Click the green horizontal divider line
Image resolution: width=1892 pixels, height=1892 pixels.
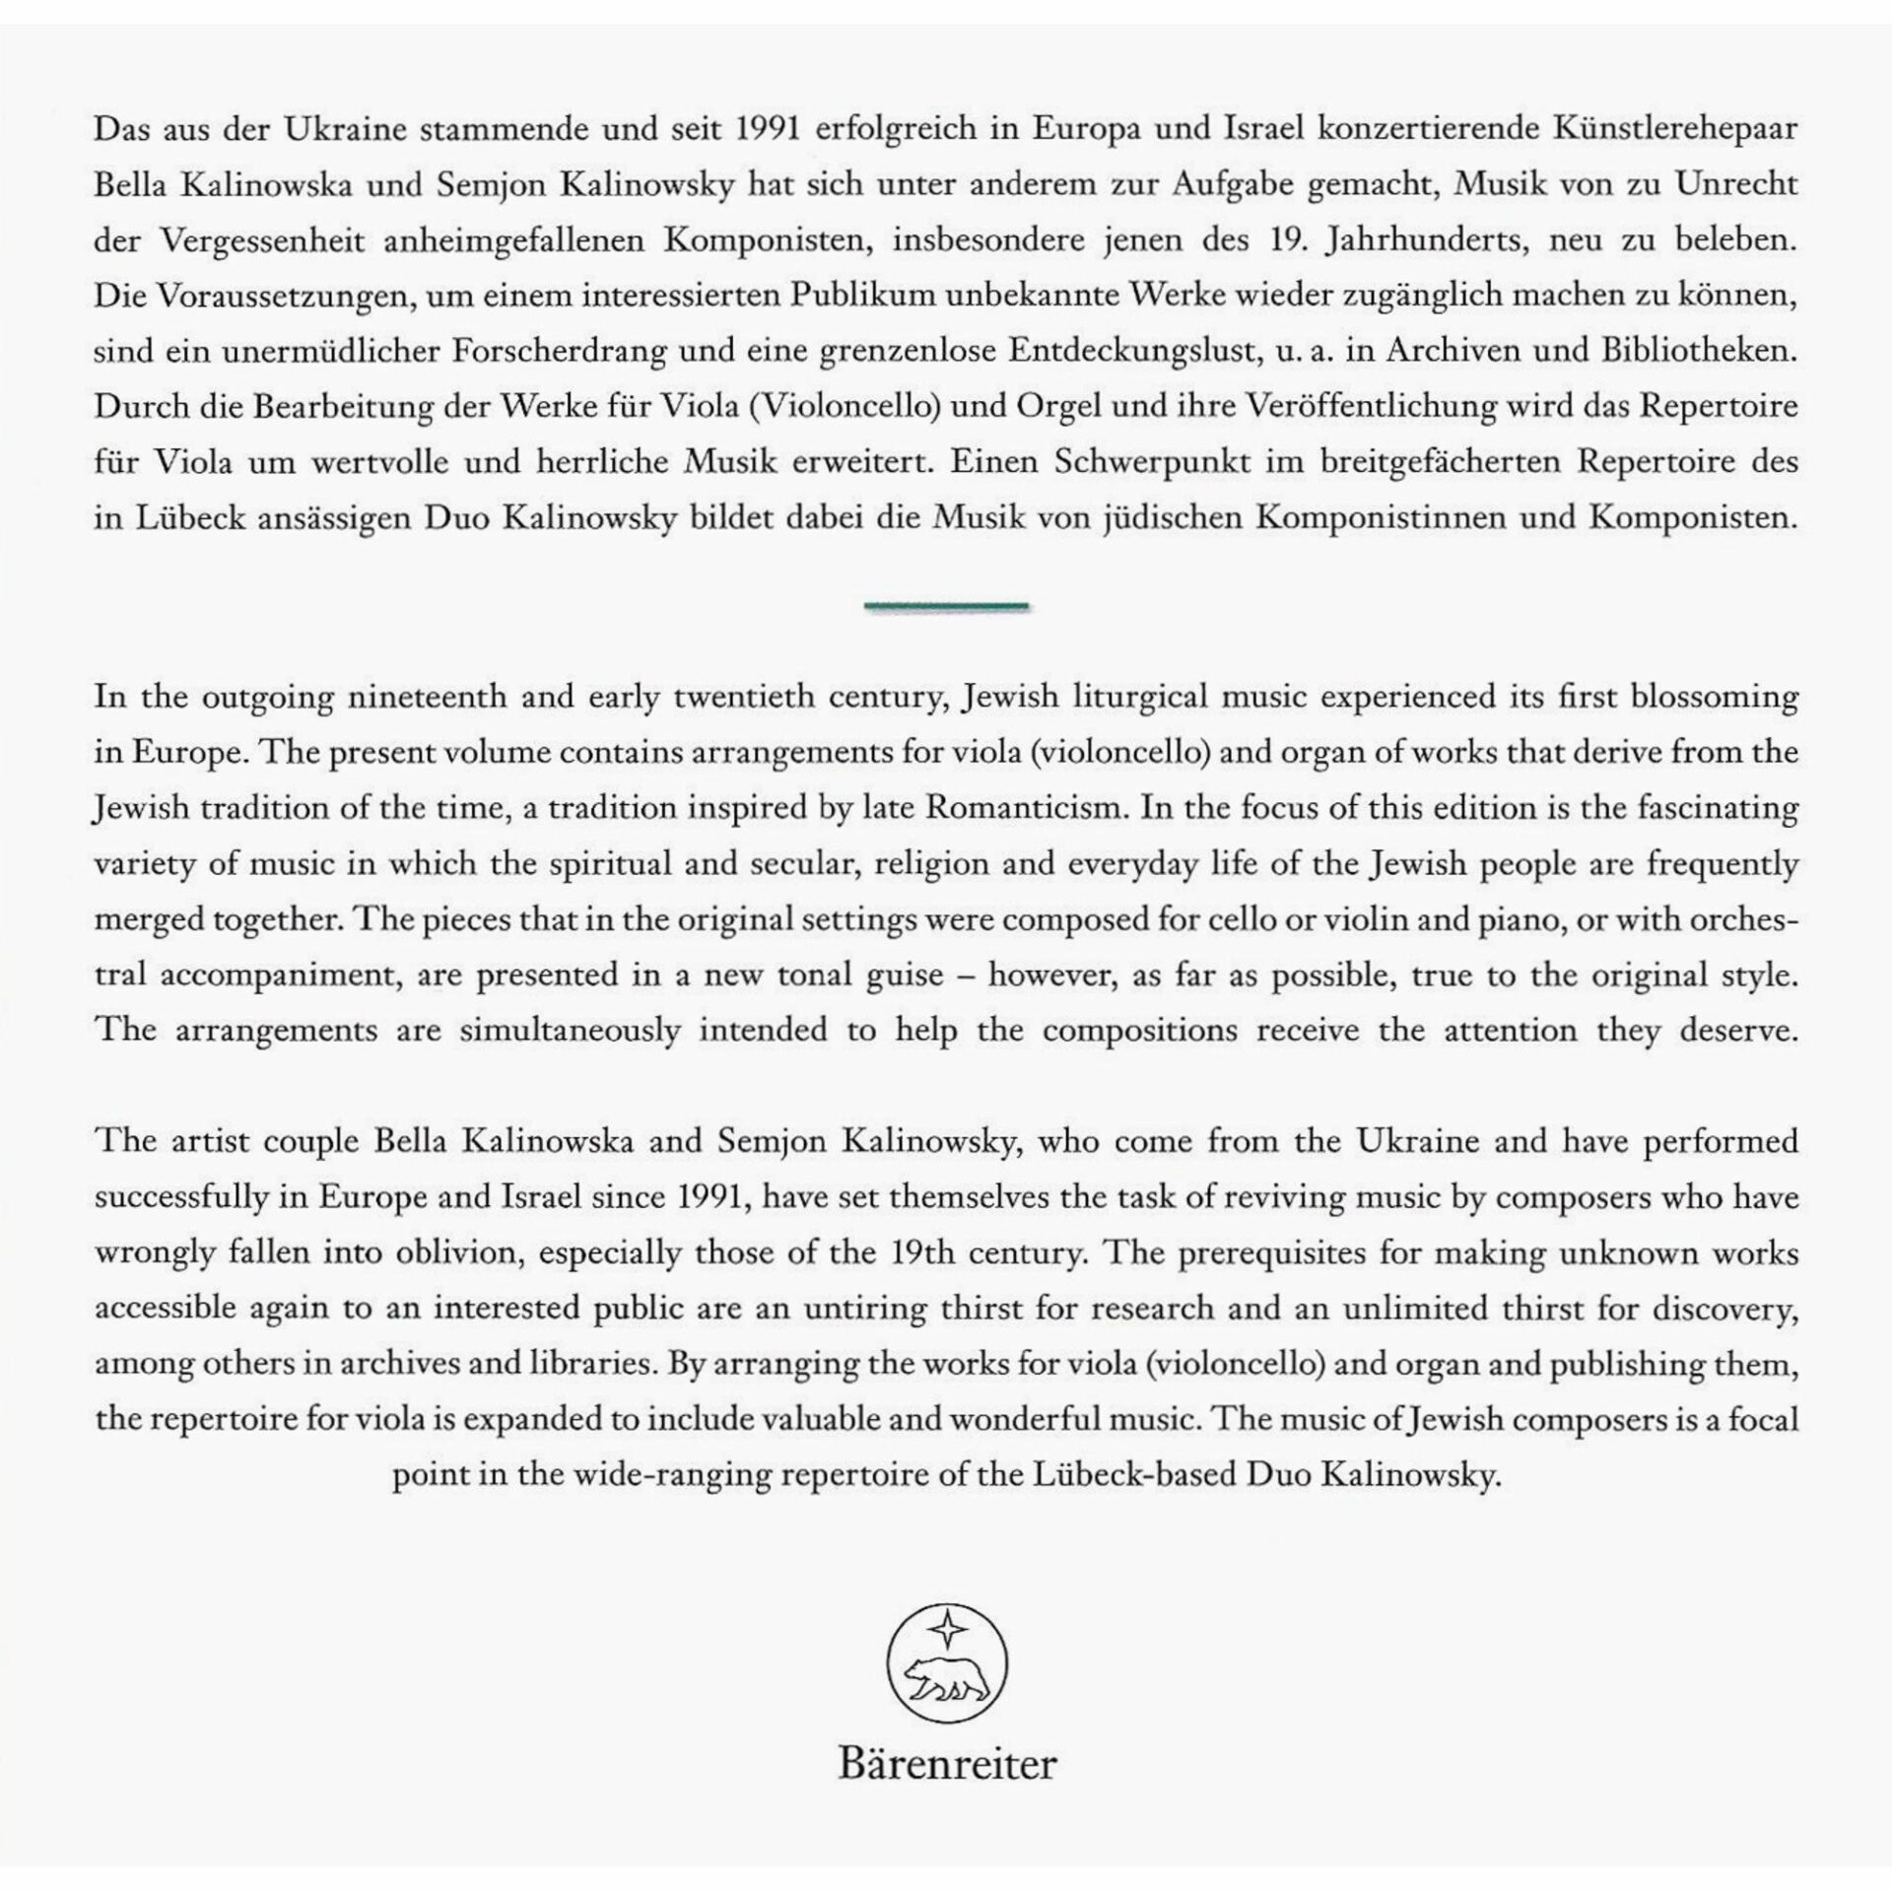point(946,606)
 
